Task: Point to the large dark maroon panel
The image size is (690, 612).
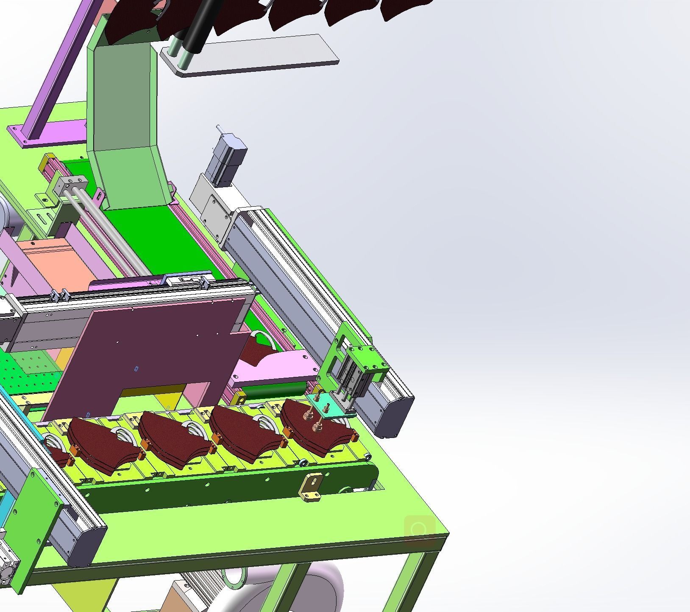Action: pyautogui.click(x=161, y=348)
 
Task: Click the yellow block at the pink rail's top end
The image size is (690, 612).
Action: pyautogui.click(x=45, y=162)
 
